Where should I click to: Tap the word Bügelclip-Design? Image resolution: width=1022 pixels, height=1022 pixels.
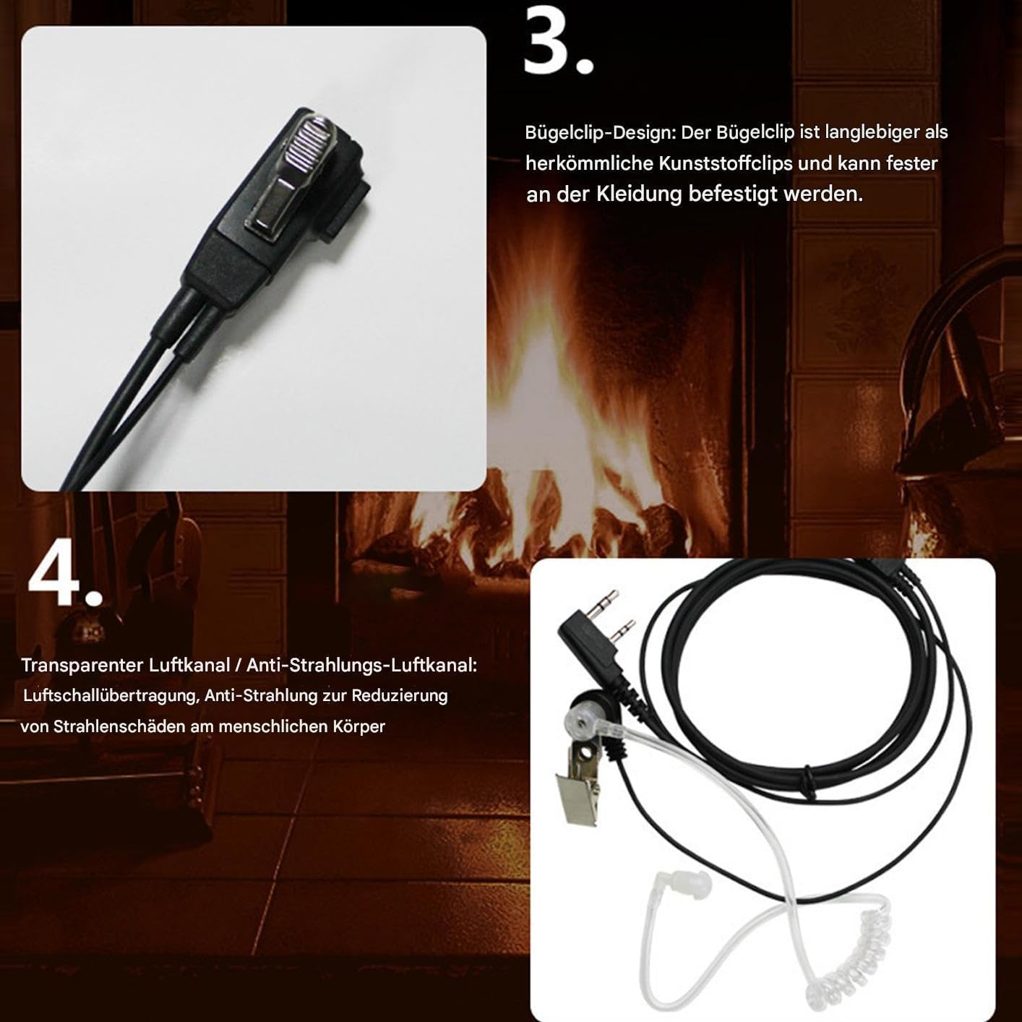pos(599,133)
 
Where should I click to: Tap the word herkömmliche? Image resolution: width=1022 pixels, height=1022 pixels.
pos(589,164)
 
